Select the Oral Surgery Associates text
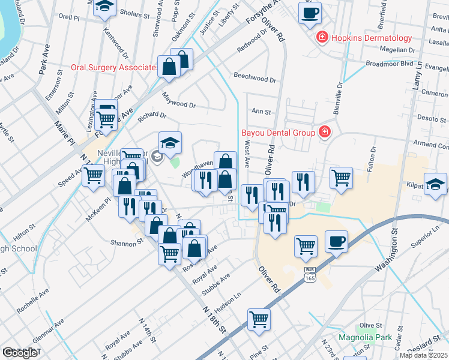(114, 67)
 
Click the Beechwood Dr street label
(255, 79)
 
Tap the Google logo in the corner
(19, 353)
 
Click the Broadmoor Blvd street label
(390, 64)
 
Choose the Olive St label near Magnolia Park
(366, 325)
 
